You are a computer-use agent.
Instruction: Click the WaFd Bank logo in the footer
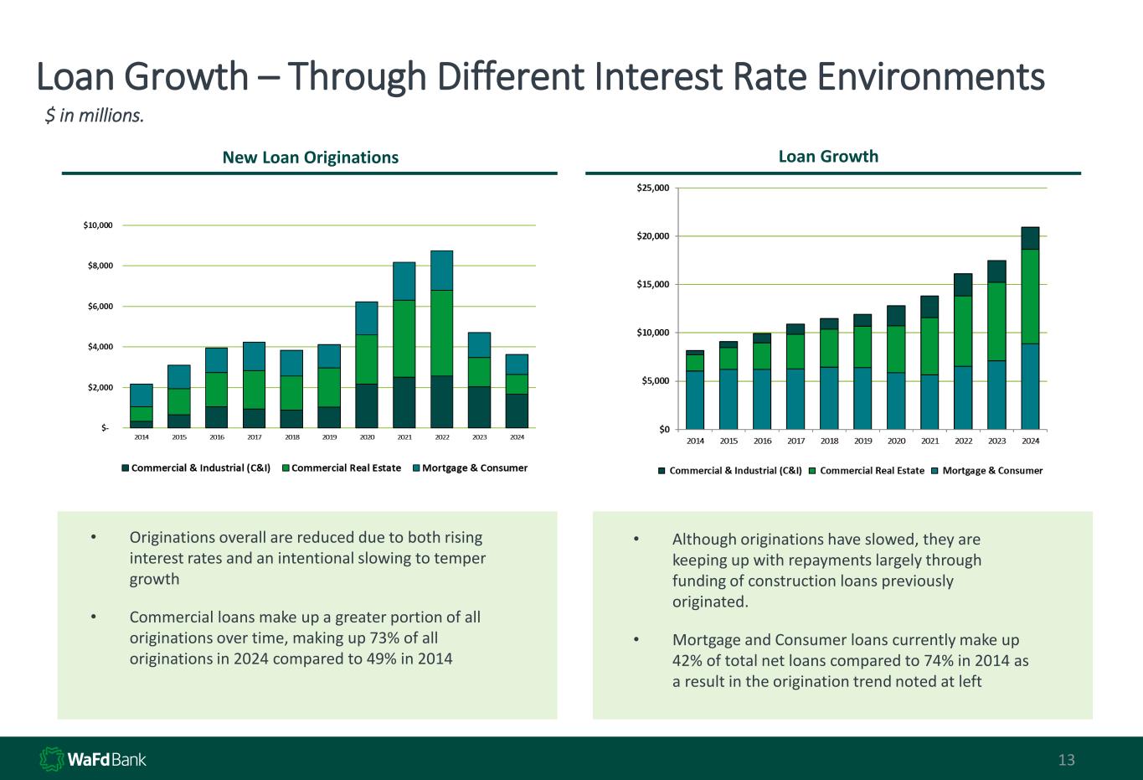click(x=93, y=760)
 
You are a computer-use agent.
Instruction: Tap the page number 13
click(x=1066, y=761)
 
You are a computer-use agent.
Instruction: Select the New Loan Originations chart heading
click(x=310, y=158)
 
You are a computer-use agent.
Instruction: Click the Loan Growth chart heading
click(x=828, y=156)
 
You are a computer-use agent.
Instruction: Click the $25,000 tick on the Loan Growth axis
click(x=652, y=188)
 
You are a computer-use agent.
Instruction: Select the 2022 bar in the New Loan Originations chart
click(x=442, y=339)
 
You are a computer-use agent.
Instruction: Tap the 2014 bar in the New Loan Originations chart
click(x=142, y=406)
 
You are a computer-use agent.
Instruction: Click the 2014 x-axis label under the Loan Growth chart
click(x=695, y=441)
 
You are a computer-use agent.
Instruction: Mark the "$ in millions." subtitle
click(x=95, y=116)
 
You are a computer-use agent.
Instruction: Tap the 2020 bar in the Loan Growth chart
click(x=896, y=368)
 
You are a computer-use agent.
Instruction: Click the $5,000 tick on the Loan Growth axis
click(x=655, y=381)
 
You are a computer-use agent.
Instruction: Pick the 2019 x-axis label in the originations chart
click(x=329, y=437)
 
